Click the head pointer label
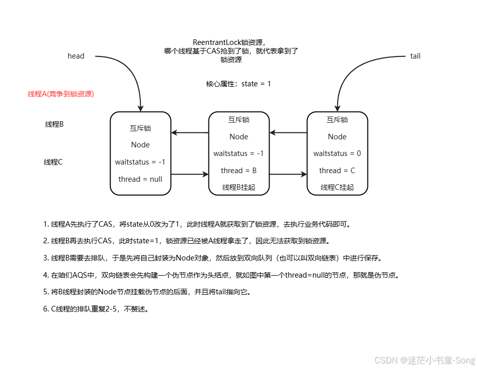tap(76, 56)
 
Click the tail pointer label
tap(415, 56)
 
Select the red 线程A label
tap(61, 94)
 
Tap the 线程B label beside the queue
tap(54, 124)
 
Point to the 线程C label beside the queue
tap(53, 162)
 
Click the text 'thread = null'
tap(140, 179)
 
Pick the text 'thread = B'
tap(239, 171)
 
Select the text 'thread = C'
tap(337, 171)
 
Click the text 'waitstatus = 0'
tap(337, 153)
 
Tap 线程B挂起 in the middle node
tap(239, 187)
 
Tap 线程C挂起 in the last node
tap(337, 187)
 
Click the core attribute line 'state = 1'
tap(239, 84)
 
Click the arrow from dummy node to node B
tap(190, 174)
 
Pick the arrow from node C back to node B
tap(288, 133)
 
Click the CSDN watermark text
tap(424, 360)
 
